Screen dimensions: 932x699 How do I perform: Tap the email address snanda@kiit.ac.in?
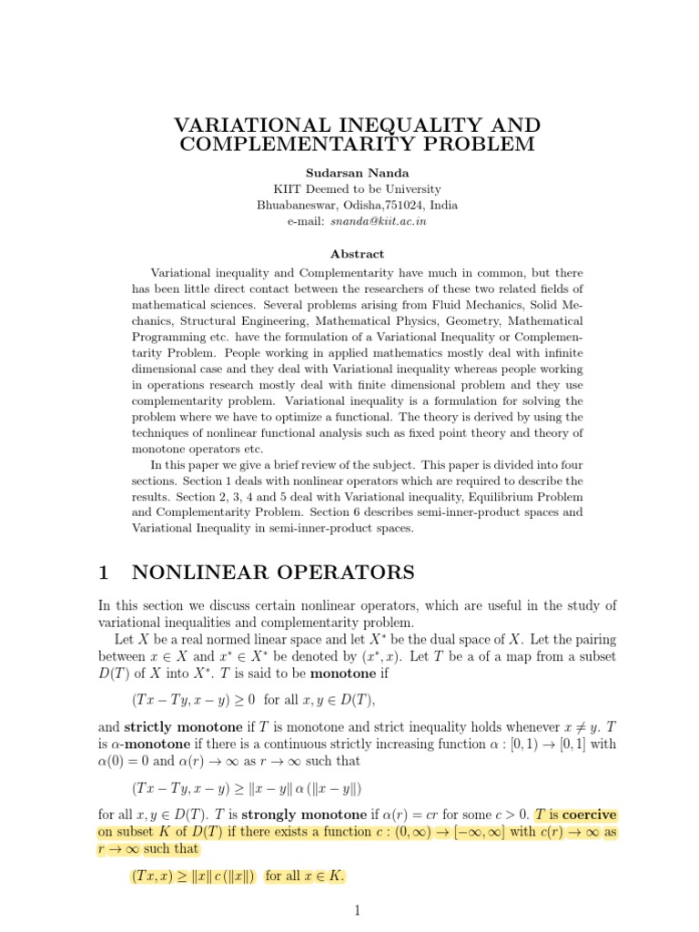pyautogui.click(x=382, y=221)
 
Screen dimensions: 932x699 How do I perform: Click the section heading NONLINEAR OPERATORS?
pyautogui.click(x=273, y=572)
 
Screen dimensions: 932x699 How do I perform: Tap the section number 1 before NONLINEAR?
pyautogui.click(x=104, y=572)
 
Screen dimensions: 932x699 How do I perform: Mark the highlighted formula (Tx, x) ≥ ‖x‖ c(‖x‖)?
pyautogui.click(x=193, y=876)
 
